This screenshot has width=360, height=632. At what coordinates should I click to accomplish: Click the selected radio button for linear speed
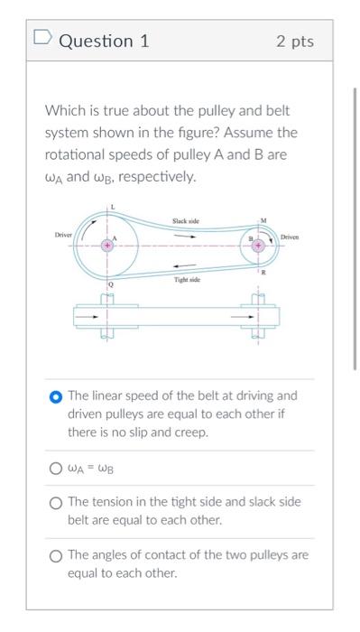pos(56,396)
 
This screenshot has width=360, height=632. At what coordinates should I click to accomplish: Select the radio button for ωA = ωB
pos(56,469)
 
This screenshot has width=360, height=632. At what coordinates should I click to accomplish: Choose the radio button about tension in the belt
pos(56,502)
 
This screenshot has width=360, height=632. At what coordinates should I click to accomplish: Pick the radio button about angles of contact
pos(56,555)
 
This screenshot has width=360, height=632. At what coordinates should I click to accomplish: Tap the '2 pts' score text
pos(295,42)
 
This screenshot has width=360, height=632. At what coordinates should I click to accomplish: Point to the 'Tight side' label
pos(187,282)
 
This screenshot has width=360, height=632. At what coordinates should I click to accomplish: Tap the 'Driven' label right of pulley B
pos(289,237)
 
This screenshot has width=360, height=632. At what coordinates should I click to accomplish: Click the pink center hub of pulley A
pos(108,245)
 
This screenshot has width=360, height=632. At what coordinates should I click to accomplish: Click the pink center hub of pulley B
pos(260,244)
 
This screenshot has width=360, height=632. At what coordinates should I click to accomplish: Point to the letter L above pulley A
pos(113,209)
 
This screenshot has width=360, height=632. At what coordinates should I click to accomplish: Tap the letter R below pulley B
pos(263,271)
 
